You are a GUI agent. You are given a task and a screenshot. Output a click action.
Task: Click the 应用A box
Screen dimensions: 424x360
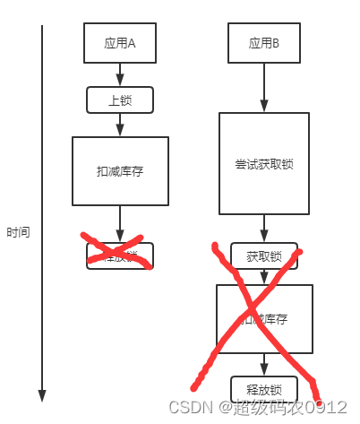pyautogui.click(x=120, y=41)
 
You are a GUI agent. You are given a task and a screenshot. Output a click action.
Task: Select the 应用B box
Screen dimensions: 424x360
pyautogui.click(x=264, y=41)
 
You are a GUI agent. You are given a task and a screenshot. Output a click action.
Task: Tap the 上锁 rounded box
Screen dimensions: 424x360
pyautogui.click(x=120, y=100)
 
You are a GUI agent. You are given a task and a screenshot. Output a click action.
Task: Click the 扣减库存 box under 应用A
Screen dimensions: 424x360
pyautogui.click(x=120, y=170)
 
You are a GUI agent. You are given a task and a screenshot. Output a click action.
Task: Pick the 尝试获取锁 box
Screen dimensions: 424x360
pyautogui.click(x=264, y=163)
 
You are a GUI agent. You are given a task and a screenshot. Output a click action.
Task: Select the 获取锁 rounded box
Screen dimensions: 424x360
pyautogui.click(x=264, y=256)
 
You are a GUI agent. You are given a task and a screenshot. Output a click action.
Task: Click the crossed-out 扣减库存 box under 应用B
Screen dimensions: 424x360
pyautogui.click(x=264, y=318)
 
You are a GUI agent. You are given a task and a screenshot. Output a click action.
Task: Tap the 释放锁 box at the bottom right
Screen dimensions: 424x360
pyautogui.click(x=264, y=389)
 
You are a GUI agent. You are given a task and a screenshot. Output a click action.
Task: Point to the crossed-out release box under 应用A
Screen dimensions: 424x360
pyautogui.click(x=120, y=256)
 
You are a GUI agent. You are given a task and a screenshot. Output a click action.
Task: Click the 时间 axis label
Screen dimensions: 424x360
pyautogui.click(x=18, y=232)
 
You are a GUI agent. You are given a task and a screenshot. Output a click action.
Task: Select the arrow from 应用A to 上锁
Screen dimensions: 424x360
pyautogui.click(x=120, y=75)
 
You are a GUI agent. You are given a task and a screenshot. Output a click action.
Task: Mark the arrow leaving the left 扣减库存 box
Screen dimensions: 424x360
pyautogui.click(x=120, y=223)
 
